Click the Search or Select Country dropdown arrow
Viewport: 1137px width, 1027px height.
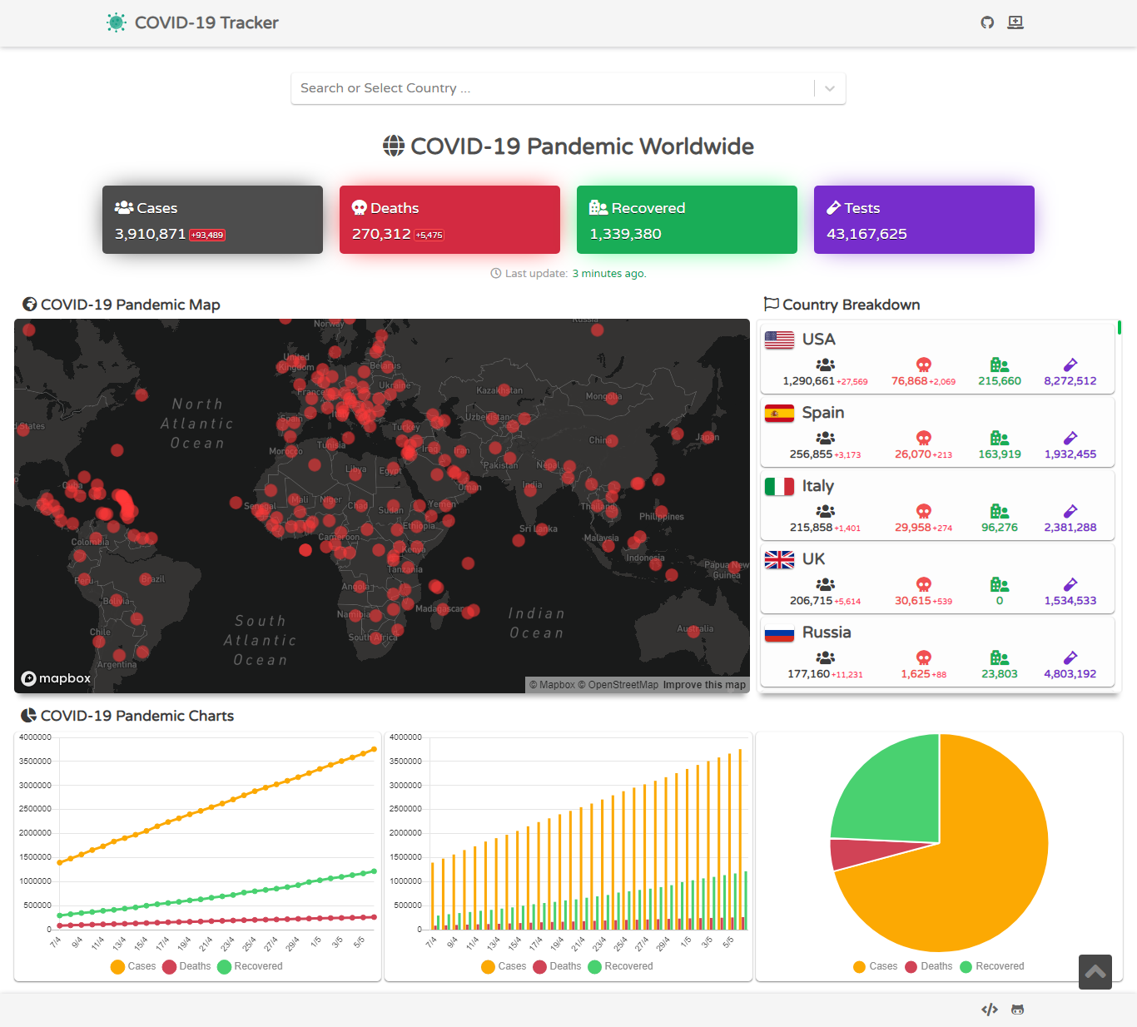(x=830, y=88)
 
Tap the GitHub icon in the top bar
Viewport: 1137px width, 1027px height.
(x=987, y=22)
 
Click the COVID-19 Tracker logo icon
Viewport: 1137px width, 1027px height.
(x=117, y=22)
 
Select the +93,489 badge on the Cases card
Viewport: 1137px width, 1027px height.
(x=207, y=236)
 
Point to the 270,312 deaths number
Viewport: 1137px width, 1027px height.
(x=381, y=234)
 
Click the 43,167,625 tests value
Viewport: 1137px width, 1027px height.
(x=866, y=234)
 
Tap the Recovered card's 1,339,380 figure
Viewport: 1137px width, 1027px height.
(x=625, y=234)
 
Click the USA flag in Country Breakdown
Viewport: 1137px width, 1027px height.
(x=779, y=340)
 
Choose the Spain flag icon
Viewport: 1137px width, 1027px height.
(x=779, y=413)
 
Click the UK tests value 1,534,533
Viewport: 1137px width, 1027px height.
(x=1070, y=601)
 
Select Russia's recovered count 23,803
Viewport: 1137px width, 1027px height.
(x=999, y=674)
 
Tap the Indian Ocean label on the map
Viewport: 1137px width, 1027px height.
(x=537, y=623)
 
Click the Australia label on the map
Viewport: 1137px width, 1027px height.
(x=695, y=628)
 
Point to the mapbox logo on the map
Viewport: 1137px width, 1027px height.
(x=56, y=678)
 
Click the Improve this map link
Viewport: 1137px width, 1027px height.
(x=704, y=685)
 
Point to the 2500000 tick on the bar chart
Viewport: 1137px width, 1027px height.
(x=405, y=809)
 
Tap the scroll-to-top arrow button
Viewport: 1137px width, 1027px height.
(x=1095, y=971)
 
